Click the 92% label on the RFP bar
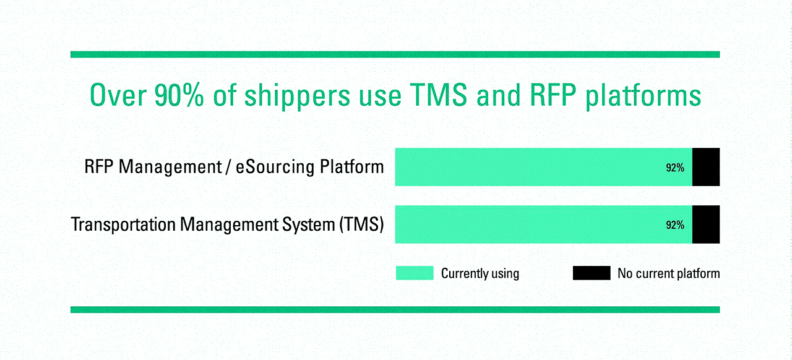pyautogui.click(x=675, y=168)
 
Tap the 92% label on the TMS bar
pyautogui.click(x=675, y=225)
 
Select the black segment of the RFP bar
pyautogui.click(x=706, y=167)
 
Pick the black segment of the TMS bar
pyautogui.click(x=706, y=225)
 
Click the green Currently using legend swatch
pyautogui.click(x=415, y=273)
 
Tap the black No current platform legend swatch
pyautogui.click(x=592, y=273)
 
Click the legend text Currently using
pyautogui.click(x=480, y=273)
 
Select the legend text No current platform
pyautogui.click(x=668, y=273)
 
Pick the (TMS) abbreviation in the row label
pyautogui.click(x=361, y=225)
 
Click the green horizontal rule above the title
pyautogui.click(x=395, y=54)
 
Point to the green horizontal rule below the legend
pyautogui.click(x=395, y=309)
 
